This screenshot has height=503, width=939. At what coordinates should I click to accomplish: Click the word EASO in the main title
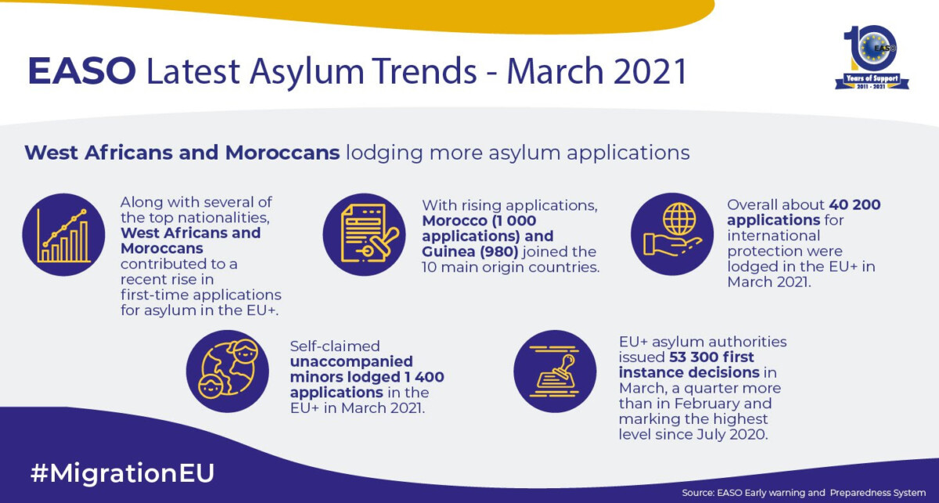81,71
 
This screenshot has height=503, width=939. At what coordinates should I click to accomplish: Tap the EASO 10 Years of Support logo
872,57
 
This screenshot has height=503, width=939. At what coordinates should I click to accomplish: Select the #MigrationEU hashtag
122,473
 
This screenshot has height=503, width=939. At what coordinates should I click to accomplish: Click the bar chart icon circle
63,235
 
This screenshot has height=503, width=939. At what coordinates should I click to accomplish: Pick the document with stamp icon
364,235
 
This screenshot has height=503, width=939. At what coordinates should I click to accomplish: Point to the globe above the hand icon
679,219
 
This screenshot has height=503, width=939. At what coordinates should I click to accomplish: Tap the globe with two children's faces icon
228,372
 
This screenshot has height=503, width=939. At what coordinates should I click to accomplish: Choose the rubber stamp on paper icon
555,372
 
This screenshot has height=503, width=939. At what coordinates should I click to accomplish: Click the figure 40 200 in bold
854,204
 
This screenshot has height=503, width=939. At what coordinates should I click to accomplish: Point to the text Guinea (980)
470,252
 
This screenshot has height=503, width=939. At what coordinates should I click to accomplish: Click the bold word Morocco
455,221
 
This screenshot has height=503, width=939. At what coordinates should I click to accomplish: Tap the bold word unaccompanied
351,361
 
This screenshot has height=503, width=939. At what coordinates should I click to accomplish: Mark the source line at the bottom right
804,493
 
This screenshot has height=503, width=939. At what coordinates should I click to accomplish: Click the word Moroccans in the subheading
282,153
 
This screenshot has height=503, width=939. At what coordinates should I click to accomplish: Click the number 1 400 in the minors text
424,377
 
